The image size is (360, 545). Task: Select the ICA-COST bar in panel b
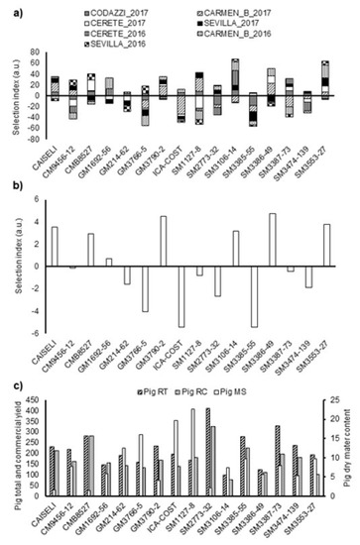click(180, 296)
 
